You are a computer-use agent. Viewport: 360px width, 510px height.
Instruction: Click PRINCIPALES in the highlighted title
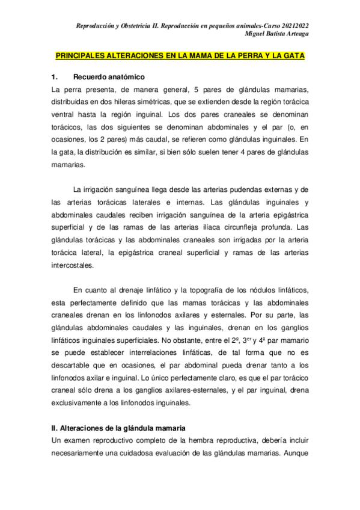(82, 55)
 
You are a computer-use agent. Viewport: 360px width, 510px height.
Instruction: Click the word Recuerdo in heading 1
(91, 78)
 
